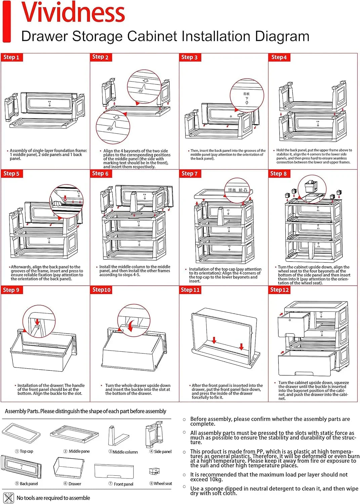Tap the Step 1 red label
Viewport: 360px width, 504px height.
click(x=11, y=57)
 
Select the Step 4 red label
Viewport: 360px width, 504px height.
click(x=279, y=57)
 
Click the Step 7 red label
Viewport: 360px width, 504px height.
click(x=189, y=174)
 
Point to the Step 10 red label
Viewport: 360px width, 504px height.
click(x=101, y=290)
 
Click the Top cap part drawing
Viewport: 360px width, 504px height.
click(x=21, y=433)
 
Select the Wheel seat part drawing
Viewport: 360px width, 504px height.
click(x=154, y=471)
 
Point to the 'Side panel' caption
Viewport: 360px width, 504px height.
click(x=163, y=452)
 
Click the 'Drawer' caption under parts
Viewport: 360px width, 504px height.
click(x=75, y=484)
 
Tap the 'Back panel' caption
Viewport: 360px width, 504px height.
click(x=29, y=484)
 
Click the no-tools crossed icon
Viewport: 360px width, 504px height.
click(x=8, y=498)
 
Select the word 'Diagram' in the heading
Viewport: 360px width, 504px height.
click(x=282, y=36)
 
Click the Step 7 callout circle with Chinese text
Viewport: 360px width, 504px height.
click(x=238, y=190)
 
